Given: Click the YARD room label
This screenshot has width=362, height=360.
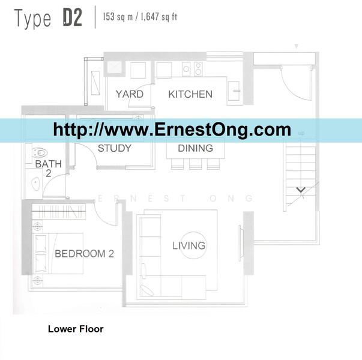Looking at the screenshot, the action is tap(130, 94).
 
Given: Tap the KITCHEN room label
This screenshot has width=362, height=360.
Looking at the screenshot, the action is tap(190, 94).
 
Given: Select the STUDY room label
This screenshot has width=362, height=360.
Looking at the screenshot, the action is tap(115, 148).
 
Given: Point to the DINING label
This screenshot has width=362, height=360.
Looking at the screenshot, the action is tap(195, 148).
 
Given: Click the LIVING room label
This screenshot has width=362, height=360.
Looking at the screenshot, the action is tap(189, 245).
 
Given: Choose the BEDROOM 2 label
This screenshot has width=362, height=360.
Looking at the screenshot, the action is tap(84, 254).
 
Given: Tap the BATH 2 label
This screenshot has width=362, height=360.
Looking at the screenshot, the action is tap(49, 169).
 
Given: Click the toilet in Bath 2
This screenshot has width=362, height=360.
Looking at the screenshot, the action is tap(40, 153).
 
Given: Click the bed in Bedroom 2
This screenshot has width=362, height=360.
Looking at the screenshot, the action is tap(58, 253).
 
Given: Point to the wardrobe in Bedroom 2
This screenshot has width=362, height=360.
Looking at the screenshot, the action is tap(59, 212).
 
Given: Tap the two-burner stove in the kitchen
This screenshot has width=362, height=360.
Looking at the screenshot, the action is tap(198, 69).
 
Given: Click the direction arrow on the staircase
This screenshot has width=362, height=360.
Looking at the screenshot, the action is tap(301, 190).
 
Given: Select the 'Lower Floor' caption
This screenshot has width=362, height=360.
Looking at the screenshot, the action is tap(76, 329).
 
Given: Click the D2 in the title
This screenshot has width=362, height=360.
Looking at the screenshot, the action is tap(73, 17).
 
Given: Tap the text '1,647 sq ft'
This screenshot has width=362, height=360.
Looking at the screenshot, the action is tap(159, 17).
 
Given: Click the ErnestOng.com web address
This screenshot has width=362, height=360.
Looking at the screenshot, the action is tap(172, 130).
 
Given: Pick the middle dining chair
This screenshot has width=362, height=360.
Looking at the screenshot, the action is tap(195, 164).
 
